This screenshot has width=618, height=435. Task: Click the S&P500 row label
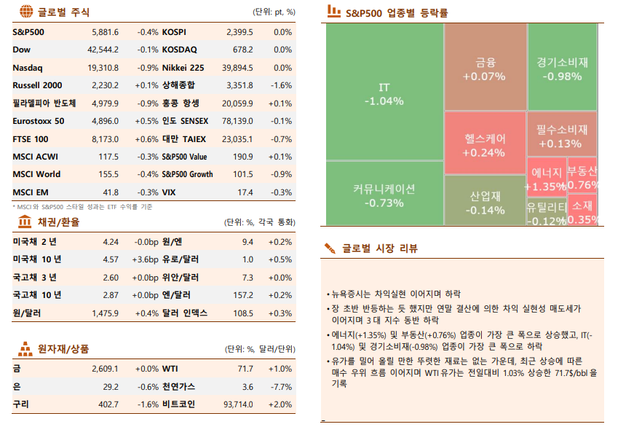tap(29, 32)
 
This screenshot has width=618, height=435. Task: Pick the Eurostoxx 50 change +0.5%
tap(146, 121)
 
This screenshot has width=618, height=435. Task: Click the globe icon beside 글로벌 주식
tap(25, 12)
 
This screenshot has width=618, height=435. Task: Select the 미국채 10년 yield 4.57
tap(111, 259)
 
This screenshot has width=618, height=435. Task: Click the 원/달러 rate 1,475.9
tap(105, 313)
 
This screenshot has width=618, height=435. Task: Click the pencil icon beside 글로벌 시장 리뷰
tap(330, 248)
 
